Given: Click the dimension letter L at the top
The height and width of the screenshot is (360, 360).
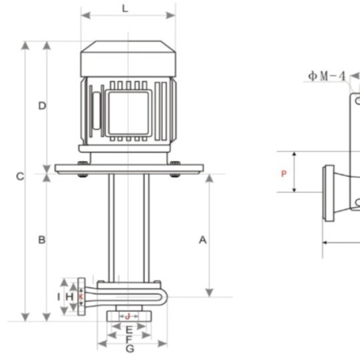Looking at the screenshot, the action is (125, 9).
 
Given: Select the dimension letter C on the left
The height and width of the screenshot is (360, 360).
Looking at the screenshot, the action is (20, 176).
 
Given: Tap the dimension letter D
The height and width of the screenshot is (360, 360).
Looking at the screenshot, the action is (42, 106).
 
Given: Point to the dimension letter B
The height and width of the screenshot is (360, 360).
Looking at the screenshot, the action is (42, 240).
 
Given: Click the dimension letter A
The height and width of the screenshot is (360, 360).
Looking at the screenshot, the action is (202, 240).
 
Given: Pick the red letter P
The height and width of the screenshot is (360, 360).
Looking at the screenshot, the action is (284, 174).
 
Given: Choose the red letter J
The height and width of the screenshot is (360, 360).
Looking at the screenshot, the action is (128, 317).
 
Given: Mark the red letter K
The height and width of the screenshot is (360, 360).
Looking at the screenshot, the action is (81, 297).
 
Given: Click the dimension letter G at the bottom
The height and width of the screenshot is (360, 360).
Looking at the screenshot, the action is (130, 349).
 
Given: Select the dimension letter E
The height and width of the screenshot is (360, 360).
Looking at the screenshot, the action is (129, 330).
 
